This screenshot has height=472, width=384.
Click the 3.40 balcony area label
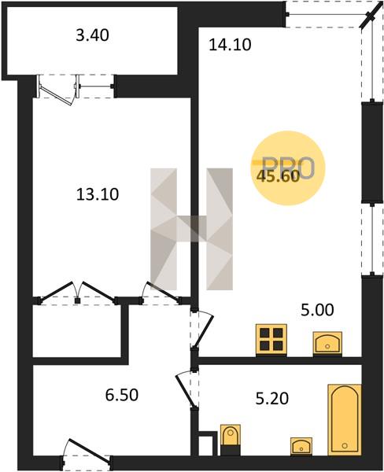pyautogui.click(x=92, y=35)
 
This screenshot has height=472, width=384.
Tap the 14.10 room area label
pyautogui.click(x=230, y=45)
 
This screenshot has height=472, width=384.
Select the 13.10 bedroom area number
pyautogui.click(x=98, y=194)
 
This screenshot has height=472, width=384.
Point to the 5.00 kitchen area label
pyautogui.click(x=317, y=310)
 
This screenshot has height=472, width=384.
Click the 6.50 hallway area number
pyautogui.click(x=122, y=395)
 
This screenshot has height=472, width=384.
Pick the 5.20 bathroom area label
pyautogui.click(x=272, y=399)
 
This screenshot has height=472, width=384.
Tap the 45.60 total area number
pyautogui.click(x=278, y=176)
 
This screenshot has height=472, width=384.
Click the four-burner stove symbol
pyautogui.click(x=271, y=341)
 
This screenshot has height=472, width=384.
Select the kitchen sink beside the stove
pyautogui.click(x=327, y=344)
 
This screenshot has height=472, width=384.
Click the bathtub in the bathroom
pyautogui.click(x=344, y=419)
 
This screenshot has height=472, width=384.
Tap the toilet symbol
pyautogui.click(x=231, y=440)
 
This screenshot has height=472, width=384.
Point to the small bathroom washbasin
pyautogui.click(x=301, y=446)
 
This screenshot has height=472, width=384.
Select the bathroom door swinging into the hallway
pyautogui.click(x=187, y=389)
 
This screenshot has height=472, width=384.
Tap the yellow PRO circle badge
pyautogui.click(x=288, y=168)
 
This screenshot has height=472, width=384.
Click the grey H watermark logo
pyautogui.click(x=191, y=229)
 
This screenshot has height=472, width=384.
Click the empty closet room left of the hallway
pyautogui.click(x=77, y=331)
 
